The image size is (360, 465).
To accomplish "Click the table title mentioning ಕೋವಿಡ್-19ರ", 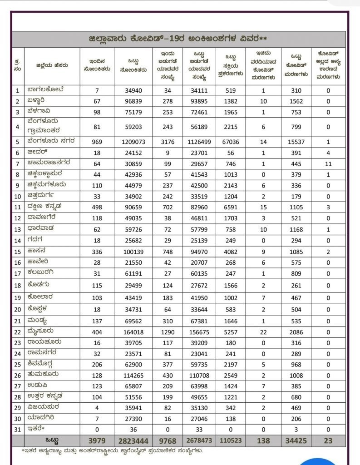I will point(178,39).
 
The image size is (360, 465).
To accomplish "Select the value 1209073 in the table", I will point(133,142).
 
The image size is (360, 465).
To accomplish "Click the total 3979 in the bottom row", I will point(97,441).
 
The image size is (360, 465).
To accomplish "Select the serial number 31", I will point(17,430).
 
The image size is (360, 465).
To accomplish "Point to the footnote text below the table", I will point(112,451).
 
